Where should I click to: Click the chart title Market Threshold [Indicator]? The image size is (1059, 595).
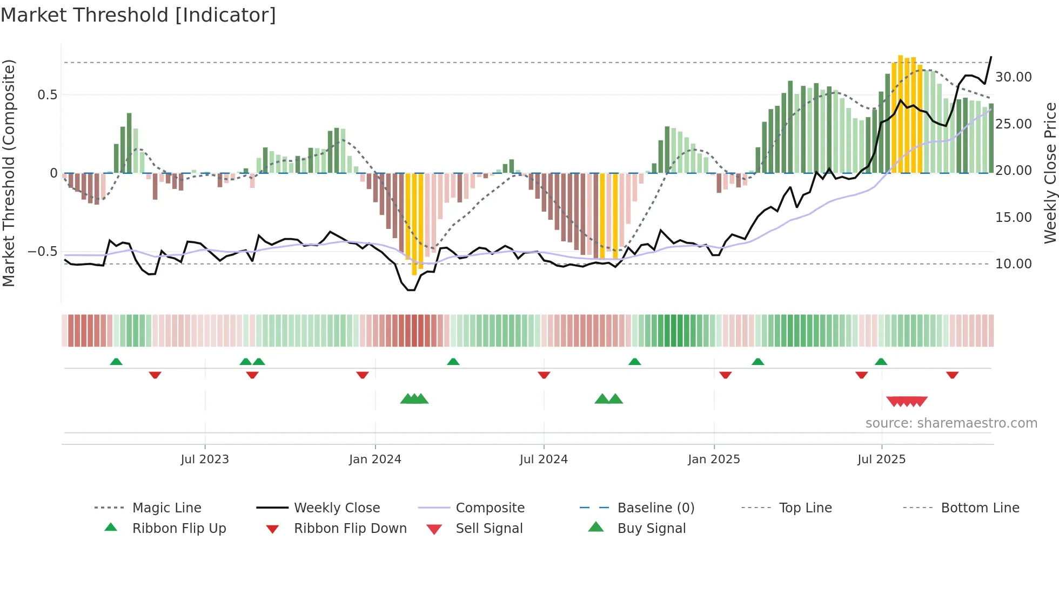tap(138, 15)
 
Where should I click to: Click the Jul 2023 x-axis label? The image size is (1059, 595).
tap(205, 459)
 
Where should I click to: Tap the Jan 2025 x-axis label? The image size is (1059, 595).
tap(714, 459)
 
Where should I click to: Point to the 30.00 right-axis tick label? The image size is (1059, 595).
tap(1014, 77)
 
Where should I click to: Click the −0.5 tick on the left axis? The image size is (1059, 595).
tap(42, 252)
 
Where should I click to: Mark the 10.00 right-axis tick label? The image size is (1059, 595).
tap(1014, 264)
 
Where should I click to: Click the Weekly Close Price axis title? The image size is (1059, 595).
tap(1050, 173)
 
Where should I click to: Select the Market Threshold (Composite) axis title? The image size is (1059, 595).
tap(9, 173)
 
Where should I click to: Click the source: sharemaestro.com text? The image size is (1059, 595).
tap(951, 423)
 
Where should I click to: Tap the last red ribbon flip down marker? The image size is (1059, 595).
tap(952, 375)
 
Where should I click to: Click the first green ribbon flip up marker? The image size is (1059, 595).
tap(116, 362)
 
